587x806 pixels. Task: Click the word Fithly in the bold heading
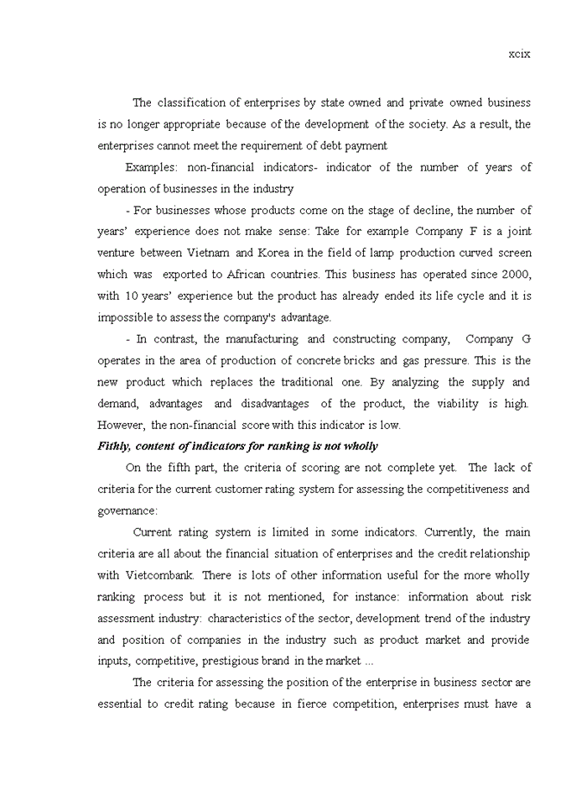[x=114, y=447]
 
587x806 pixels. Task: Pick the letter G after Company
[x=526, y=339]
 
